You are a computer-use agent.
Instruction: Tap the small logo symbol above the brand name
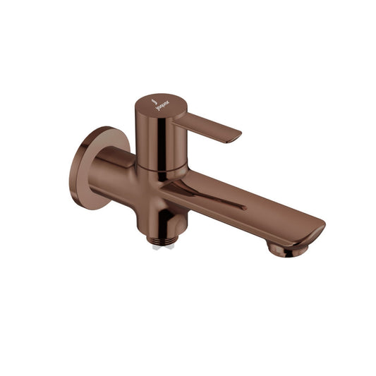[x=155, y=100]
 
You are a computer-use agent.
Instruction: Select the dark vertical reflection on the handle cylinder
[x=164, y=141]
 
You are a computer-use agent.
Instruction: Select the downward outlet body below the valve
[x=169, y=222]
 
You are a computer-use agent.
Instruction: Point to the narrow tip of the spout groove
[x=244, y=207]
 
